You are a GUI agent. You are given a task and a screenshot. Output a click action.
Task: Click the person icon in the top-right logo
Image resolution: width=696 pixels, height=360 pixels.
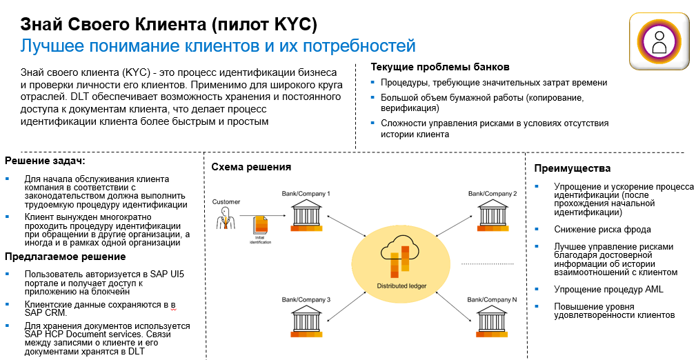tap(660, 42)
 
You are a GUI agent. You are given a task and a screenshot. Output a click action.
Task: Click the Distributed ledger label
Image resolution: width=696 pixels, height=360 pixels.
tap(401, 286)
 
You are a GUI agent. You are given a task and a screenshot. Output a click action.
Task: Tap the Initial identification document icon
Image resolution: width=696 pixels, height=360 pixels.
tap(261, 226)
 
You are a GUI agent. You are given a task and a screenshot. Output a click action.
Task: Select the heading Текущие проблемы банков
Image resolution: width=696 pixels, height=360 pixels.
tap(439, 67)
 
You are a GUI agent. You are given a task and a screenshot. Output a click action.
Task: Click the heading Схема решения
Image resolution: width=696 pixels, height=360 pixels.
tap(251, 167)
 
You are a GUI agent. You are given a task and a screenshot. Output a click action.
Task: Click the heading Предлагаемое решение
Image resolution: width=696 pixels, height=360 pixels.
tap(66, 257)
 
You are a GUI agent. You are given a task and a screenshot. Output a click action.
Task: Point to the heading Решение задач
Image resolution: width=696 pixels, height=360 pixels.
tap(45, 160)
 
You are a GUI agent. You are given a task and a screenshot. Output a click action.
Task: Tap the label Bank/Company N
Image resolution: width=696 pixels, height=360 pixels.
tap(492, 300)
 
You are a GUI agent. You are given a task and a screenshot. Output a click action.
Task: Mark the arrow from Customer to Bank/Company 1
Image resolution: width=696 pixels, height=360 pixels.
tap(262, 216)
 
